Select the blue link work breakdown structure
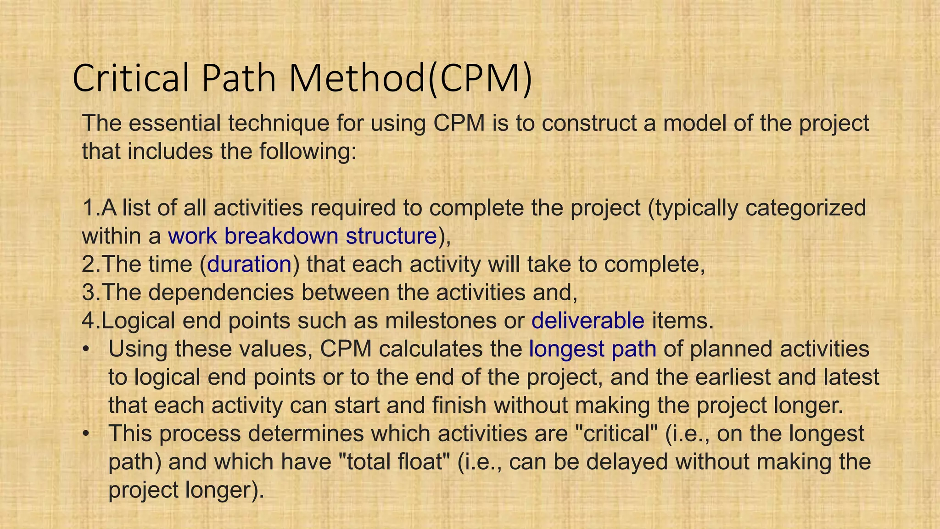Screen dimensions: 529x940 point(302,236)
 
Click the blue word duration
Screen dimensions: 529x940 point(249,264)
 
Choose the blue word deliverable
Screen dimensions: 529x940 point(588,321)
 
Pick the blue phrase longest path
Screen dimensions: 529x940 point(593,349)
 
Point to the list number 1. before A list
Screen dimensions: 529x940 point(91,208)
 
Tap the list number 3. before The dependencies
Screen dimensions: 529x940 point(91,293)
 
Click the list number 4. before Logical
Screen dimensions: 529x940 point(91,321)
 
